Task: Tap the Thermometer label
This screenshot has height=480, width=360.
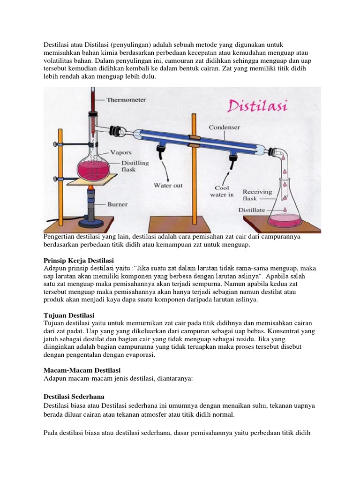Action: [126, 100]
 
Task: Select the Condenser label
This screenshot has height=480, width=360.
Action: [225, 127]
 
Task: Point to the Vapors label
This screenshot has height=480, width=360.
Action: [120, 152]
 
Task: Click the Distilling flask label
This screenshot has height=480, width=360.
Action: [123, 166]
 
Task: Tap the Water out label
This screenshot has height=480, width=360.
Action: [168, 186]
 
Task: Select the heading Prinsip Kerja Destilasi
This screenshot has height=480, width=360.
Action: [79, 260]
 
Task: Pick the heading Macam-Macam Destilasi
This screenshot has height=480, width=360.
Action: [82, 370]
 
